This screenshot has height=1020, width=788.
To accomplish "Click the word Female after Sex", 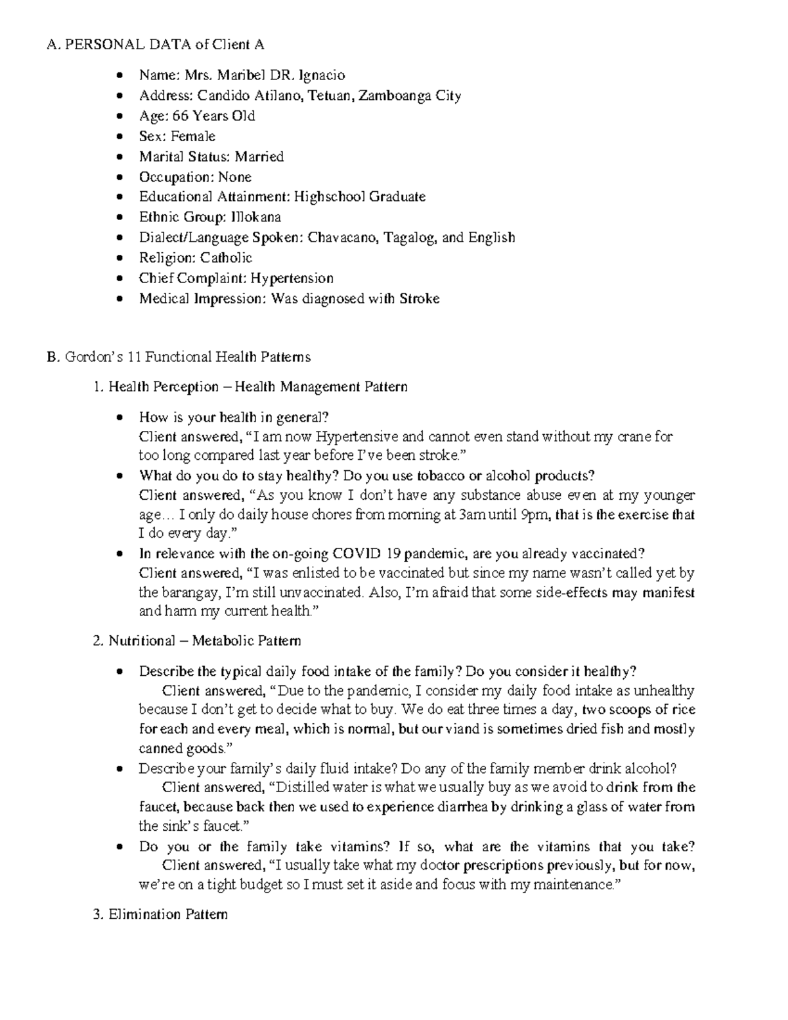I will pos(193,137).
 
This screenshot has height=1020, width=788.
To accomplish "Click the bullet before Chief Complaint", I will pos(119,278).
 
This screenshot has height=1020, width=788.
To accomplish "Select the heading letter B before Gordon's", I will pos(51,357).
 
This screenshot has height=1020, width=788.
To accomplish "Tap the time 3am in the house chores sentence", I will pos(471,515).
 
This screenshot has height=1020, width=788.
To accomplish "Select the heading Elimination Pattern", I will pos(168,914).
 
